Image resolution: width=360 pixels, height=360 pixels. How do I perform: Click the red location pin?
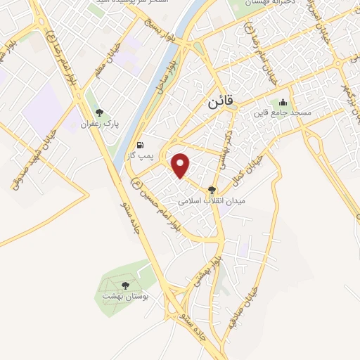click(x=181, y=165)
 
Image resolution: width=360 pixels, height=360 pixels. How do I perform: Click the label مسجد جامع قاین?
click(x=283, y=112)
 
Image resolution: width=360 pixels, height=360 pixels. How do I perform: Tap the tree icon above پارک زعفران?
click(x=98, y=111)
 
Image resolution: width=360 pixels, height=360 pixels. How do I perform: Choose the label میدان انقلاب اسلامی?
click(x=212, y=200)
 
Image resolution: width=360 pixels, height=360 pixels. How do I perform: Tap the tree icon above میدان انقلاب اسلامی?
click(x=212, y=188)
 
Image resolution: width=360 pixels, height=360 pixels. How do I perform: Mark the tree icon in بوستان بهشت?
click(x=125, y=285)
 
